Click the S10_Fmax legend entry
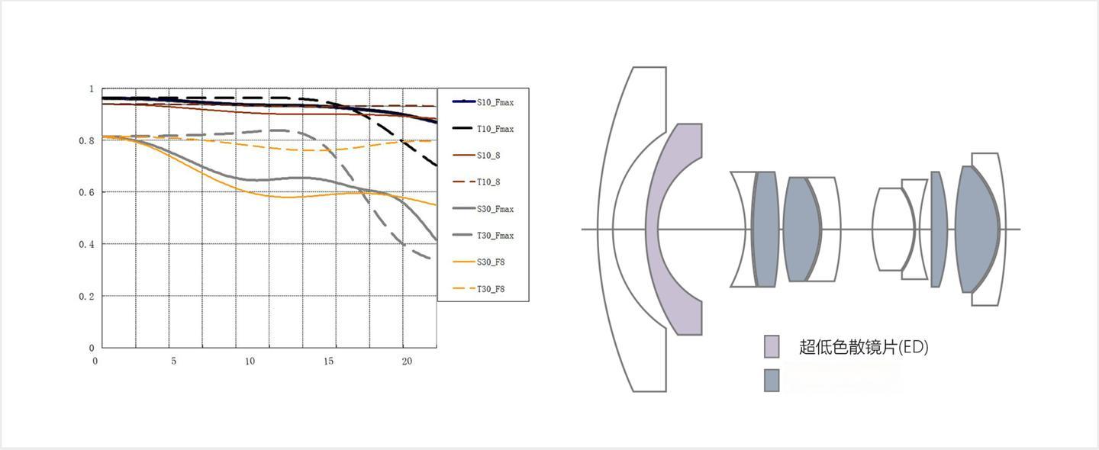click(483, 102)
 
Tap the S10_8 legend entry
click(476, 156)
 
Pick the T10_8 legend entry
click(476, 182)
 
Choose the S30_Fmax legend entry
click(483, 209)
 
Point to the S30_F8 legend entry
click(479, 262)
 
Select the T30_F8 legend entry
click(479, 289)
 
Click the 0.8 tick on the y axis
click(86, 140)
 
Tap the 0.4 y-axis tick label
click(86, 244)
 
